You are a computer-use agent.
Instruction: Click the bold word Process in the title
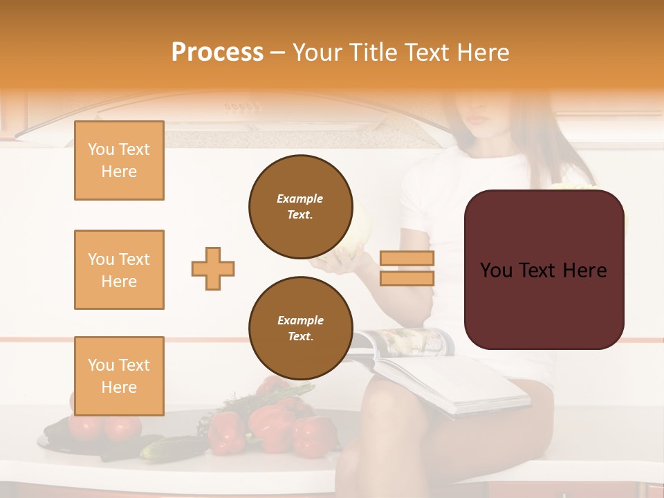pos(217,53)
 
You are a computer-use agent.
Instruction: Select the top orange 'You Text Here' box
pos(119,160)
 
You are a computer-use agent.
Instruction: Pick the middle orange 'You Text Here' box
pos(119,270)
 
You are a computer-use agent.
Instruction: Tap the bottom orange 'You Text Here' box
pos(119,376)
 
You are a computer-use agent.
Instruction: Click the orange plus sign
pos(213,268)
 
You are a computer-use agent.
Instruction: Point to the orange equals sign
pos(407,268)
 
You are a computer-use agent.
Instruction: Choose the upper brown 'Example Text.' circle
pos(300,207)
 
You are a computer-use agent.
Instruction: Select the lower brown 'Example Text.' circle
pos(300,329)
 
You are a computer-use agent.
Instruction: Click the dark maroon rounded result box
pos(544,270)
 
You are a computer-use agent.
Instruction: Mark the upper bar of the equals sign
pos(407,259)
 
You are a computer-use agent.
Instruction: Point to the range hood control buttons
pos(242,107)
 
